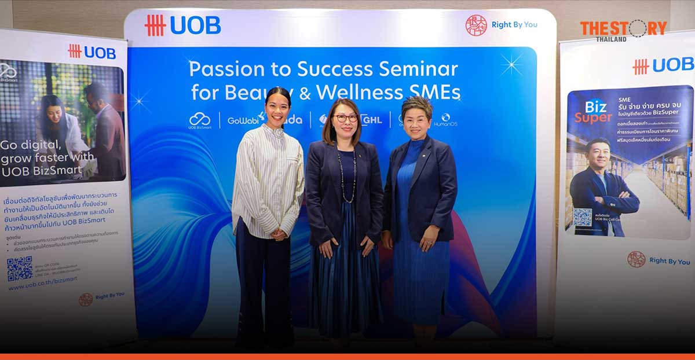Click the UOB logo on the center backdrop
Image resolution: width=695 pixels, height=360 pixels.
tap(182, 25)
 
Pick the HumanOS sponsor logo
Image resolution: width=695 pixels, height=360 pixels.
tap(445, 119)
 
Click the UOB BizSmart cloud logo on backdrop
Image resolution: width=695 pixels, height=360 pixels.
tap(200, 120)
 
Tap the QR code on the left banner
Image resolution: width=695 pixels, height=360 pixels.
tap(19, 269)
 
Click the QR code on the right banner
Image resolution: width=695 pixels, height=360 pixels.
tap(582, 217)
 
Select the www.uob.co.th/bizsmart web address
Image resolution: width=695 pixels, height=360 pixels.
tap(42, 286)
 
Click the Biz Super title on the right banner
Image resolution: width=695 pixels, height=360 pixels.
tap(594, 112)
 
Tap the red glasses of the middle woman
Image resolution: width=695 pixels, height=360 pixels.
tap(345, 118)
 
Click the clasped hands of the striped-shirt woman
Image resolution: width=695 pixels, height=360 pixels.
tap(279, 234)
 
